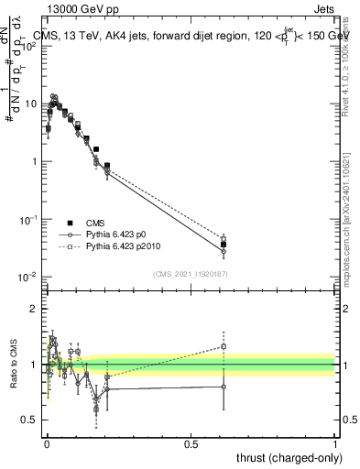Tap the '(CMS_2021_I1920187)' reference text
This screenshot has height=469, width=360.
tap(191, 273)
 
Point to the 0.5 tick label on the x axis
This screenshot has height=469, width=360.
tap(191, 442)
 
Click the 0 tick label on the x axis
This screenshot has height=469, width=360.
tap(47, 442)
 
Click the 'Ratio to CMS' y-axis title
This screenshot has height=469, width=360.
tap(16, 365)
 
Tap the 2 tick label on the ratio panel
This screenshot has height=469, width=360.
tap(35, 309)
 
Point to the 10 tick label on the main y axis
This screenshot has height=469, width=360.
tap(31, 104)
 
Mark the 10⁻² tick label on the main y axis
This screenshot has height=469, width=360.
tap(28, 278)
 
